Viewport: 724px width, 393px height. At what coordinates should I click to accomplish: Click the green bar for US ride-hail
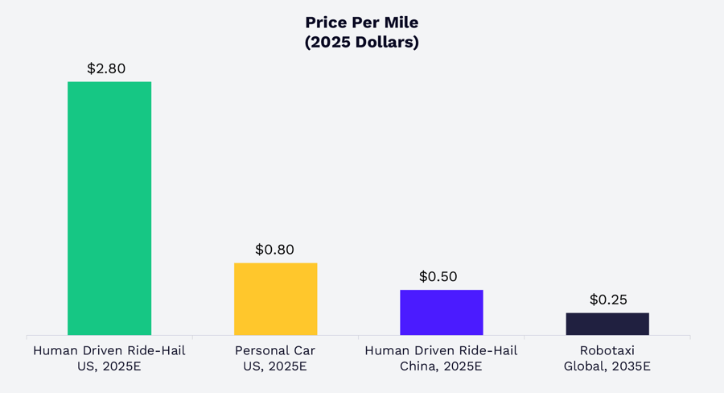pos(109,208)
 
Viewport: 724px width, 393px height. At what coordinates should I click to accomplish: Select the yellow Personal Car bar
pos(275,299)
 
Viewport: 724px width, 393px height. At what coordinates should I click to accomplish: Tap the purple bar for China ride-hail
pos(442,312)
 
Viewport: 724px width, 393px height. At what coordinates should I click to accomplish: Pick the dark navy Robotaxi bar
pos(607,324)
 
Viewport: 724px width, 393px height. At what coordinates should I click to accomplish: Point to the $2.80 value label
pos(106,68)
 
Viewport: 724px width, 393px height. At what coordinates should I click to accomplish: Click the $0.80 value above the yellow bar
pos(274,250)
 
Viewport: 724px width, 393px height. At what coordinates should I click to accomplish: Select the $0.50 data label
pos(438,276)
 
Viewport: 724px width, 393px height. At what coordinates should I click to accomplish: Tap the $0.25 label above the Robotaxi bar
pos(608,300)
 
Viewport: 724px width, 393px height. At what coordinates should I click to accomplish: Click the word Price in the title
pos(327,23)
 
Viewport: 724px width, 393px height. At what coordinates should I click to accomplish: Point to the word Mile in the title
pos(401,23)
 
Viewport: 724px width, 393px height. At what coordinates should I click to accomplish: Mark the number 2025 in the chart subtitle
pos(330,43)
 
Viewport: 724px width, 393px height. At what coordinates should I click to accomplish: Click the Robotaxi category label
pos(607,350)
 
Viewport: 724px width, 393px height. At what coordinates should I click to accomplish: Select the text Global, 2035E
pos(607,366)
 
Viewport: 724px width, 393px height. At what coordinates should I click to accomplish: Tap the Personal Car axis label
pos(275,350)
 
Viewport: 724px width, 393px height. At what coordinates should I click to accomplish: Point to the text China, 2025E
pos(441,366)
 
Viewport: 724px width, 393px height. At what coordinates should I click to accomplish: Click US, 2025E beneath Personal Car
pos(275,366)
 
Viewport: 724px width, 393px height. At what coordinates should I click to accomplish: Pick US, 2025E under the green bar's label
pos(109,366)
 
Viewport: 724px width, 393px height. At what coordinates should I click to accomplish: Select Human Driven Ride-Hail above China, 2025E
pos(441,350)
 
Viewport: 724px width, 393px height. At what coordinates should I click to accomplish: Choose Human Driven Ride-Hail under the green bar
pos(109,350)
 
